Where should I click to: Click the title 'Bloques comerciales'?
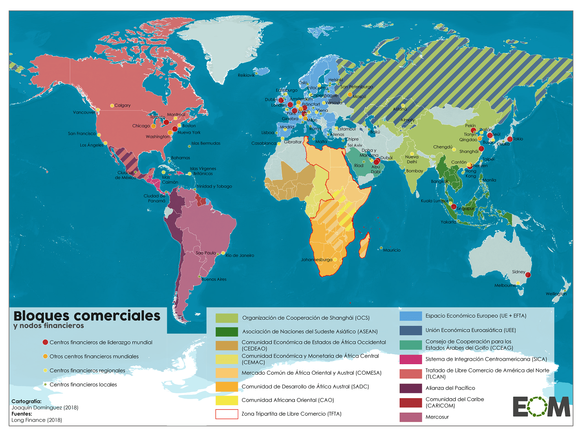87,316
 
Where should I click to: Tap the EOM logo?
541,407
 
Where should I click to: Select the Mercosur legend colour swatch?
411,417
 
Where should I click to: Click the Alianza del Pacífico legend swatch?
411,388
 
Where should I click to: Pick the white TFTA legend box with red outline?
227,414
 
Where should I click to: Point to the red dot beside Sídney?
528,275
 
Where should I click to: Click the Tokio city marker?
510,139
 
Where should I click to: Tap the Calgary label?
122,105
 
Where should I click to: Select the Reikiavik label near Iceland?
246,75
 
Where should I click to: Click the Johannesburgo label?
317,260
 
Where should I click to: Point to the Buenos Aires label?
214,279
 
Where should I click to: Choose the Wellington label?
556,294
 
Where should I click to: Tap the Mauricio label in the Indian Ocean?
391,250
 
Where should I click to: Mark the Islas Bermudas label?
206,143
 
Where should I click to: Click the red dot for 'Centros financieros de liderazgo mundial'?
45,342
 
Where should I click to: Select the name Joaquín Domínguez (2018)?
45,408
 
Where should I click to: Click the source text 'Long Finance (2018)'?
37,420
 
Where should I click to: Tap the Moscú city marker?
350,95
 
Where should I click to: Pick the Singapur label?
465,208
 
